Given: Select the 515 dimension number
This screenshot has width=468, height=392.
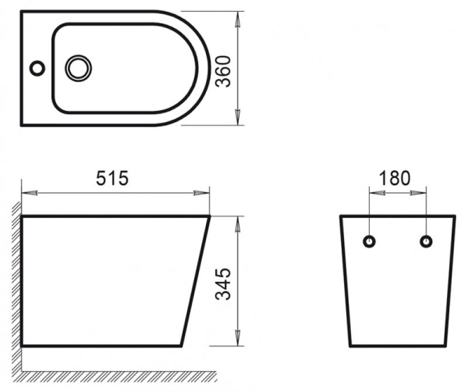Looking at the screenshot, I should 112,178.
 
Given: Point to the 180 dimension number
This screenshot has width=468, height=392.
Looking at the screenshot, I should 394,178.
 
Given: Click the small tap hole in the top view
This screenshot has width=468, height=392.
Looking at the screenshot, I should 37,68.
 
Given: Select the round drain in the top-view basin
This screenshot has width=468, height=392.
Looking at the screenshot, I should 78,68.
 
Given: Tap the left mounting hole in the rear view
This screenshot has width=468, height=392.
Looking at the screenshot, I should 370,241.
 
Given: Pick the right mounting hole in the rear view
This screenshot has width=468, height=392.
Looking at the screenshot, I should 426,241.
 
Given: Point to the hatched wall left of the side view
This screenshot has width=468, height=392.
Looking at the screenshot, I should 16,281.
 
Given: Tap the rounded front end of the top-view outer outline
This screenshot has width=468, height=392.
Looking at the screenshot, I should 205,68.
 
